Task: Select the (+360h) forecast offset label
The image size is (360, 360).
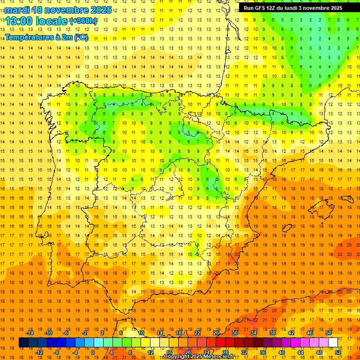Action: click(83, 21)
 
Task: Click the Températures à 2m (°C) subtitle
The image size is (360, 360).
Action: click(46, 37)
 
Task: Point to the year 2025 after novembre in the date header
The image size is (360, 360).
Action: click(101, 10)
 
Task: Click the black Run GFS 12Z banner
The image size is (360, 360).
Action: click(299, 8)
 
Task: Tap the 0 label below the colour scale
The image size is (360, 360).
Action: click(93, 352)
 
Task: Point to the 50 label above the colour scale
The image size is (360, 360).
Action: click(329, 333)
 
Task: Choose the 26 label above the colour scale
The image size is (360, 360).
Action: click(216, 333)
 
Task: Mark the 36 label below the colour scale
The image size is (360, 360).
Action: click(263, 352)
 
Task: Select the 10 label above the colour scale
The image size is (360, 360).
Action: click(141, 333)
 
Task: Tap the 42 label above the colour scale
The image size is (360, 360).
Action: click(291, 333)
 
